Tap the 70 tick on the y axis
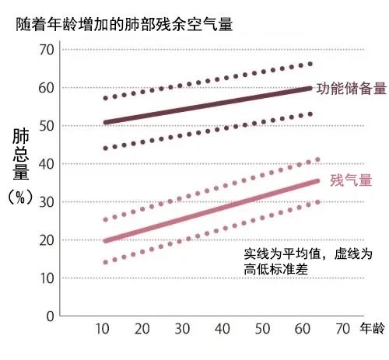pyautogui.click(x=47, y=50)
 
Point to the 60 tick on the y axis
pyautogui.click(x=47, y=88)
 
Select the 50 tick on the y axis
pyautogui.click(x=47, y=125)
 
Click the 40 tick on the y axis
pyautogui.click(x=47, y=163)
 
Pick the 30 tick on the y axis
pyautogui.click(x=47, y=201)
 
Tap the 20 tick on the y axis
pyautogui.click(x=47, y=239)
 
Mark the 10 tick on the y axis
pyautogui.click(x=47, y=278)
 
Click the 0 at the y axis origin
pyautogui.click(x=51, y=316)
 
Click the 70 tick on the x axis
pyautogui.click(x=343, y=330)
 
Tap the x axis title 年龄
pyautogui.click(x=373, y=330)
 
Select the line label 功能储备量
pyautogui.click(x=350, y=88)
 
